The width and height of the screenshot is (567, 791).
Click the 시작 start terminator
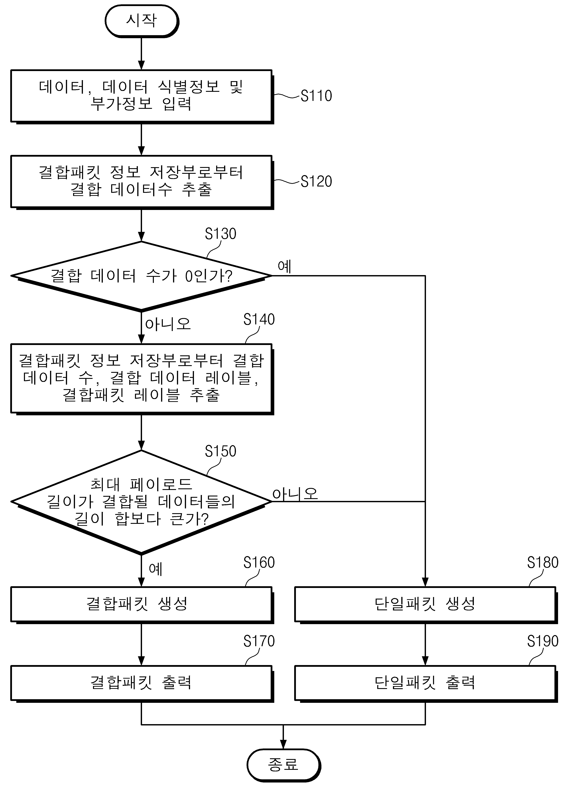(142, 21)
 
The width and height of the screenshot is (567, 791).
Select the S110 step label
(316, 96)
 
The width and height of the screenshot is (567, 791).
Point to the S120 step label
(316, 181)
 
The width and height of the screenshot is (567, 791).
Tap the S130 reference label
(220, 234)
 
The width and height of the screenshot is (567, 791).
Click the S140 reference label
(259, 319)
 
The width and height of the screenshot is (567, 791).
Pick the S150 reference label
(220, 451)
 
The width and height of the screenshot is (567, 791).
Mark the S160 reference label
(259, 562)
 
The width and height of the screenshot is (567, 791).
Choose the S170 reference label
(259, 641)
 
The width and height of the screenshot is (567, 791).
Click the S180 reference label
(543, 562)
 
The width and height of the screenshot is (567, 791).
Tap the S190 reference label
(543, 641)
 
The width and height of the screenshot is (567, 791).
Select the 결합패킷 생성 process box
(142, 604)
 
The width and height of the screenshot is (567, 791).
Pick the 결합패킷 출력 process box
(142, 683)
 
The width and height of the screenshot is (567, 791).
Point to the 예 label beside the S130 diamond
(284, 266)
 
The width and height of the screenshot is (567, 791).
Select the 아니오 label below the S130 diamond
(168, 324)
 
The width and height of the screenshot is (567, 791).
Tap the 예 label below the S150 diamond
(156, 569)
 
